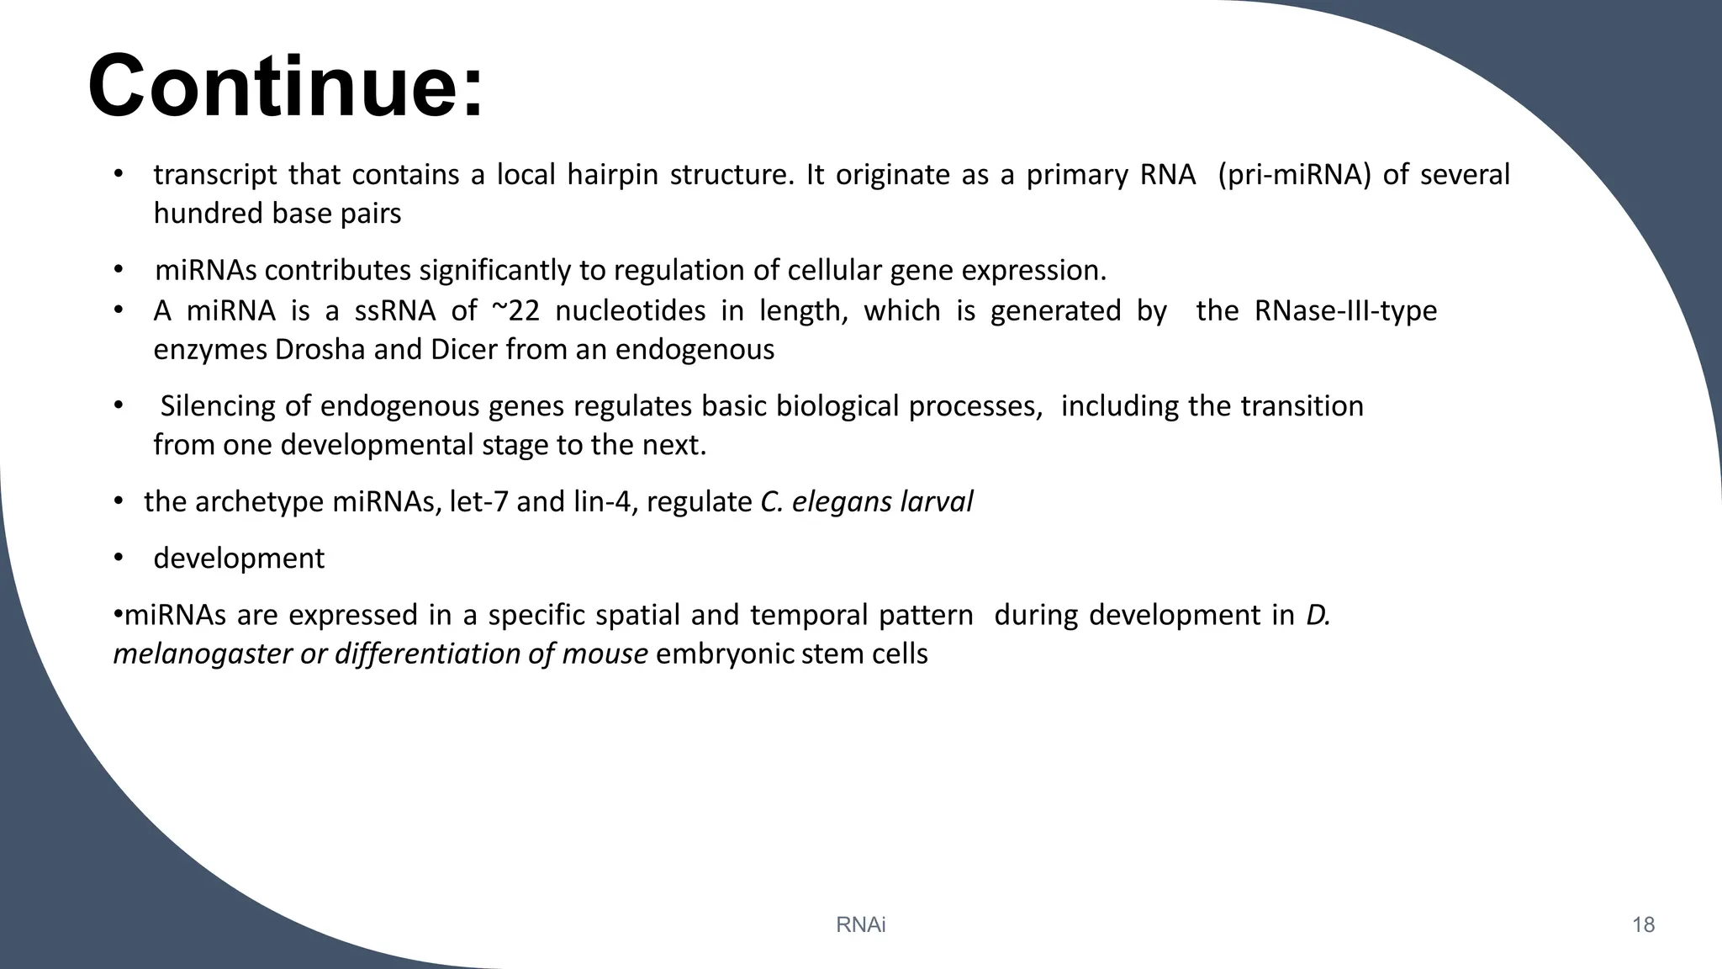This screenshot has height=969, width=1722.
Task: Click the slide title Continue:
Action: (286, 87)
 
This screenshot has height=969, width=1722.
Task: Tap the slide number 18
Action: (1643, 925)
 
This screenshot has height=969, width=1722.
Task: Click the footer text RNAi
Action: (861, 925)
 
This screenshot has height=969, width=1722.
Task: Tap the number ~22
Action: (515, 311)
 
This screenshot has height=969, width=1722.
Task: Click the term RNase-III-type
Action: (1345, 311)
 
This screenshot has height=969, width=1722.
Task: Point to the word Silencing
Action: (218, 406)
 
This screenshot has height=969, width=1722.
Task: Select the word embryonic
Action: (724, 654)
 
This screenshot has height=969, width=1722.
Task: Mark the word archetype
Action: (259, 502)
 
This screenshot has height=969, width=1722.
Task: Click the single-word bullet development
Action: (239, 559)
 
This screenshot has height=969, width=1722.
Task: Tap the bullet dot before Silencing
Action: (119, 406)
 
